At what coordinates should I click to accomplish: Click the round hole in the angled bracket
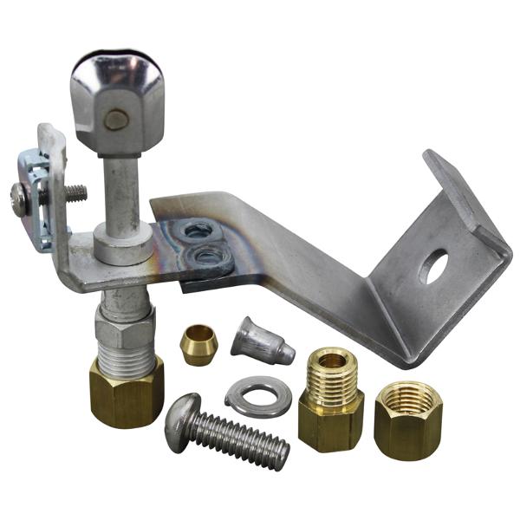click(432, 266)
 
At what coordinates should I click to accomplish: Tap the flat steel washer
click(257, 396)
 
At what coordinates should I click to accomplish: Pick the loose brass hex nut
click(408, 419)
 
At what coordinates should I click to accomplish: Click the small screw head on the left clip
click(19, 198)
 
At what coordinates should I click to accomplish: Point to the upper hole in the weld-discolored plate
click(198, 230)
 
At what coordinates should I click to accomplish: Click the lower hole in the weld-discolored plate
click(206, 255)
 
